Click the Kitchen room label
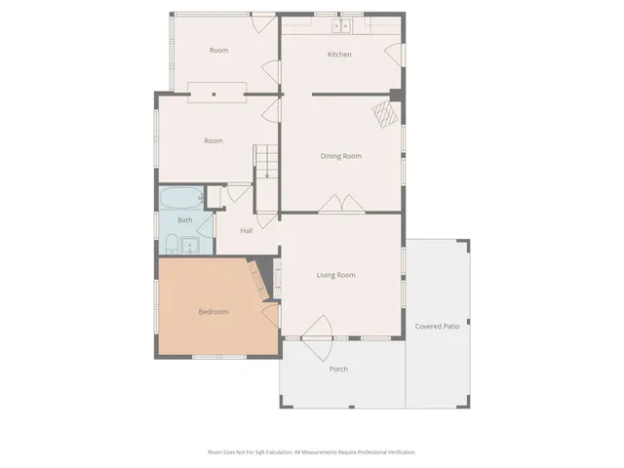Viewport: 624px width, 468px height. pyautogui.click(x=339, y=55)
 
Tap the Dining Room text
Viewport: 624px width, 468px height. pyautogui.click(x=341, y=156)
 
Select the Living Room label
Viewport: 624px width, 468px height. pyautogui.click(x=336, y=275)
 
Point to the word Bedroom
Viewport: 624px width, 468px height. pyautogui.click(x=214, y=312)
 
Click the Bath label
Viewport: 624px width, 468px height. pyautogui.click(x=184, y=220)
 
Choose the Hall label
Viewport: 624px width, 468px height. pyautogui.click(x=247, y=231)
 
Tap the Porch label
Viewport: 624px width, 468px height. pyautogui.click(x=338, y=369)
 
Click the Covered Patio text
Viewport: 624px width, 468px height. pyautogui.click(x=437, y=326)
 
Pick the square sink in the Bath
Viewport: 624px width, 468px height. pyautogui.click(x=189, y=244)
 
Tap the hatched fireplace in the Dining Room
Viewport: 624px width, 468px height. pyautogui.click(x=386, y=116)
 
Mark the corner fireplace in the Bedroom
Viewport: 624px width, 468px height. pyautogui.click(x=257, y=280)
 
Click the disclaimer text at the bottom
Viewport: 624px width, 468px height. pyautogui.click(x=311, y=452)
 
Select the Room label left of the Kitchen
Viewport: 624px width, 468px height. pyautogui.click(x=218, y=51)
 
